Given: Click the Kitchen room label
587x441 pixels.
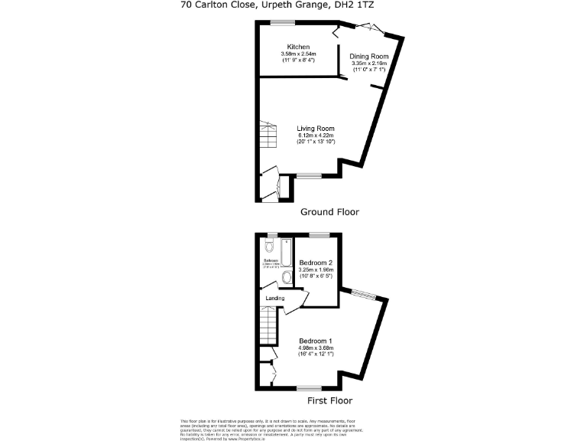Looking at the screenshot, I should [x=298, y=47].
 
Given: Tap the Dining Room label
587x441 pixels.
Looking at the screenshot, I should [x=369, y=57].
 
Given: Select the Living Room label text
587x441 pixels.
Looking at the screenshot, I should [x=316, y=128].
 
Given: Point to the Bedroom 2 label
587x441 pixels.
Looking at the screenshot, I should [x=315, y=263].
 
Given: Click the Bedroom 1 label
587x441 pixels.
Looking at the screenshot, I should [x=315, y=340].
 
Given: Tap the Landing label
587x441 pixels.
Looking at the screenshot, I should [x=275, y=299].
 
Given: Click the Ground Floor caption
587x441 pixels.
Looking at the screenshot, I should [x=329, y=211].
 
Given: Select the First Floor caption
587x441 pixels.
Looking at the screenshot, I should [x=330, y=400].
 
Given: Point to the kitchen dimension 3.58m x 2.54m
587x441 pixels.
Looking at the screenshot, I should [x=298, y=54].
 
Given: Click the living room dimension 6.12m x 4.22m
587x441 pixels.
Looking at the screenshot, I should [x=316, y=136].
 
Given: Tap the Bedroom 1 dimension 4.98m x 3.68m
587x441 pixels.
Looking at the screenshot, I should [x=315, y=348].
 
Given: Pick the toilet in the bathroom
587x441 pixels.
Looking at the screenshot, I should [x=268, y=247].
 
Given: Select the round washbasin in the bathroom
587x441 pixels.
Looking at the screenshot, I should [x=287, y=276].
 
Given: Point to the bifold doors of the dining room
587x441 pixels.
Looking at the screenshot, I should [x=363, y=28].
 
